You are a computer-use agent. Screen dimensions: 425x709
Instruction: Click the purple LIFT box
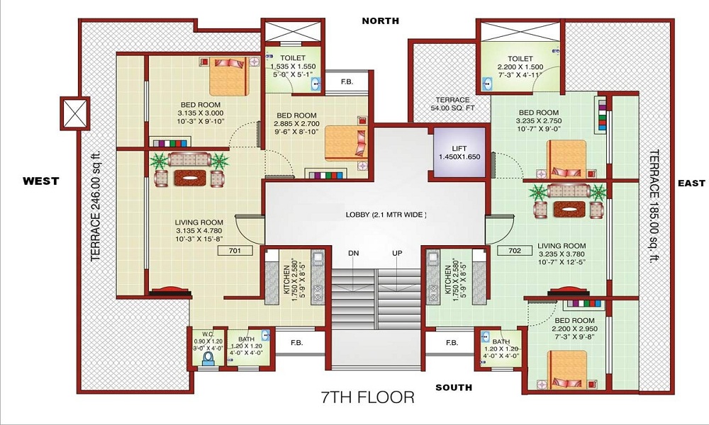pyautogui.click(x=459, y=151)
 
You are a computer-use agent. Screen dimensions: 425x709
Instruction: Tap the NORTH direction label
pyautogui.click(x=381, y=21)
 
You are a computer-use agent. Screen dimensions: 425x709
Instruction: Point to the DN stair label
pyautogui.click(x=353, y=253)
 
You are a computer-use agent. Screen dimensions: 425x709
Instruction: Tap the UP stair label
pyautogui.click(x=397, y=253)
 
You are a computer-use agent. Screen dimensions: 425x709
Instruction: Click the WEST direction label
pyautogui.click(x=40, y=181)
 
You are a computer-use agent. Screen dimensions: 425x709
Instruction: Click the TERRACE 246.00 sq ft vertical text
pyautogui.click(x=96, y=206)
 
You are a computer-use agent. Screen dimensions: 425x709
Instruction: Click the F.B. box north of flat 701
pyautogui.click(x=347, y=81)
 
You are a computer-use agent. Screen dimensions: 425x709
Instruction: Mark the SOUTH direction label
pyautogui.click(x=454, y=387)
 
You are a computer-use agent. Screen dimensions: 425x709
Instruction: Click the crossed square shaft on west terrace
pyautogui.click(x=74, y=111)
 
